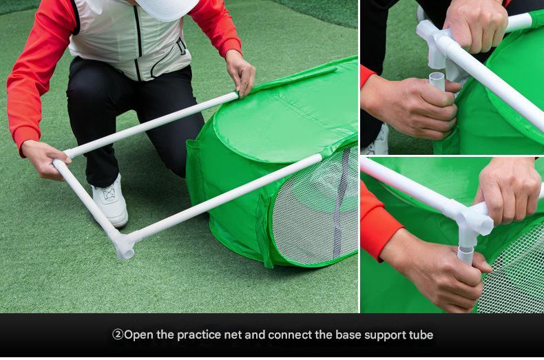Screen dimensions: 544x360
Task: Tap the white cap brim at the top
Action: [x=167, y=9]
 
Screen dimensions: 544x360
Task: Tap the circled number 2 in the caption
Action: [x=118, y=335]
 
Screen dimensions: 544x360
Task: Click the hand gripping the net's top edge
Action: [x=241, y=72]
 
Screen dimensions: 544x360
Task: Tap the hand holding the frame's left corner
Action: [x=44, y=160]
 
